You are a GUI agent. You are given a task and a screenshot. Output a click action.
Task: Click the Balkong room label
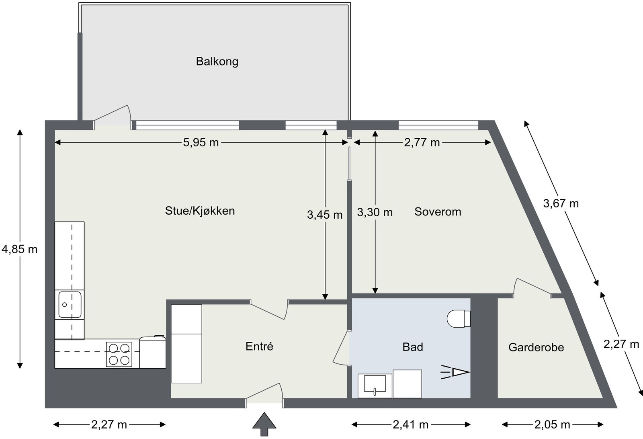click(x=217, y=62)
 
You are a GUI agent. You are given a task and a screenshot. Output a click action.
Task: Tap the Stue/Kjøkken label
click(x=200, y=211)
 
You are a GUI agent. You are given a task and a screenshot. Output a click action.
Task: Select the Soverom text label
click(x=438, y=212)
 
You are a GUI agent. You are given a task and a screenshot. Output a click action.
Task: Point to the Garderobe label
click(x=536, y=347)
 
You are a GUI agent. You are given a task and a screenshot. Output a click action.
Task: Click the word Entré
click(x=259, y=347)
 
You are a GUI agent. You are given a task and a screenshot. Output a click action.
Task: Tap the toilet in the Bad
click(x=459, y=318)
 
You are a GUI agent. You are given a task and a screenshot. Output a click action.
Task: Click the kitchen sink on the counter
click(x=70, y=304)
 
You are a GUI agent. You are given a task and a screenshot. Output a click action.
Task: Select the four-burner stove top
click(x=119, y=354)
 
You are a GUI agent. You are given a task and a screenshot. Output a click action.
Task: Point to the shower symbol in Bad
click(x=456, y=372)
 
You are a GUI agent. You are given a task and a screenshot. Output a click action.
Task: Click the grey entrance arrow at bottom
click(x=264, y=424)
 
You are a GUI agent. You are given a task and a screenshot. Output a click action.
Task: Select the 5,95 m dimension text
click(x=201, y=142)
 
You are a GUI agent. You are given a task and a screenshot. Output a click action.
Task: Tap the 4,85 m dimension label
click(x=19, y=250)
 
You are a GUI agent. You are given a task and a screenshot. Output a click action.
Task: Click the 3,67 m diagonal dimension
click(x=561, y=203)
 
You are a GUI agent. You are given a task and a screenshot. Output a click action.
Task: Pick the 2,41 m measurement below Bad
click(x=411, y=425)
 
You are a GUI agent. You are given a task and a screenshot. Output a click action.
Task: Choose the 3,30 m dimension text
click(x=375, y=212)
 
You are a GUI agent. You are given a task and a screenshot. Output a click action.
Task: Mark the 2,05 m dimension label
click(x=552, y=425)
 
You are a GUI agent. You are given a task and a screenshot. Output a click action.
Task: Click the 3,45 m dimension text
click(x=325, y=215)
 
